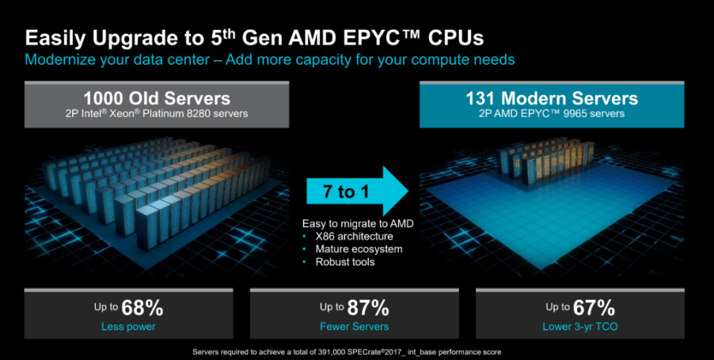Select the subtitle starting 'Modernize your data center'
[x=269, y=59]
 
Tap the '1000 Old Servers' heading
[x=156, y=98]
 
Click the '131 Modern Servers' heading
[x=551, y=98]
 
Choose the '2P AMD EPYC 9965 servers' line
[x=551, y=114]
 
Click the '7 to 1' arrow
[x=355, y=193]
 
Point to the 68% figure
[x=143, y=307]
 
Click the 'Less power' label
[x=128, y=326]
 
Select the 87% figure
[x=368, y=307]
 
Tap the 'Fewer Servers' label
[x=354, y=326]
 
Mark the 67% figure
[x=594, y=307]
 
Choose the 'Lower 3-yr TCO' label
[x=580, y=326]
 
